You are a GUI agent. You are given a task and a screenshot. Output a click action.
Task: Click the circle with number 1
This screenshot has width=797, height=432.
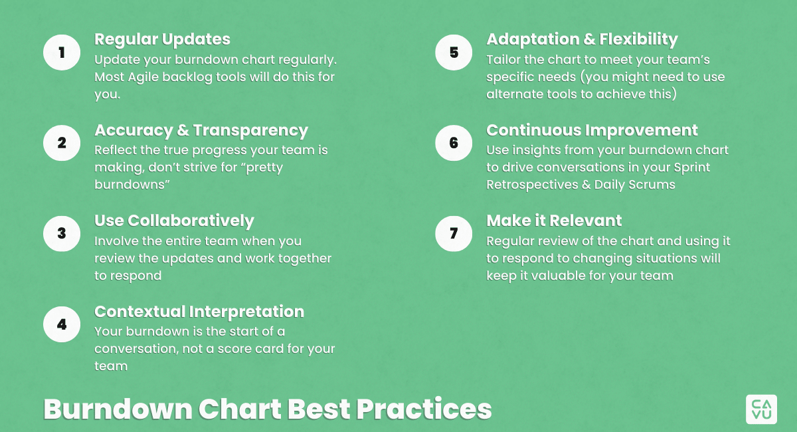coord(62,53)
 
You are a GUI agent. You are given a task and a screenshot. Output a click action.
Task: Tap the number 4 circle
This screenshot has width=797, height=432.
coord(62,324)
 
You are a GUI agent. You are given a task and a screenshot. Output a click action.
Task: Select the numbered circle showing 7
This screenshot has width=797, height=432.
coord(454,234)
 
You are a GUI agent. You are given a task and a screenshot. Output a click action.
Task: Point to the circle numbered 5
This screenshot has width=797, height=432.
coord(454,53)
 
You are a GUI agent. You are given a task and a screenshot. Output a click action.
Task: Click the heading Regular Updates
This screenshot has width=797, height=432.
coord(162,39)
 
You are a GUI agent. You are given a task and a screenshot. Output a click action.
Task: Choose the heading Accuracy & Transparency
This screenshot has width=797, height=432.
coord(201,130)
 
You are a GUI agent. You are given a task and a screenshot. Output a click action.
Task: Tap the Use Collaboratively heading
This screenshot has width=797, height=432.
coord(174,221)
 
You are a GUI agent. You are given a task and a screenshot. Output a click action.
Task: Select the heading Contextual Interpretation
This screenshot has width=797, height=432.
coord(199,312)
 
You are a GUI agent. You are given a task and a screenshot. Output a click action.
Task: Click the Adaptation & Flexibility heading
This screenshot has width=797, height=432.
coord(582,39)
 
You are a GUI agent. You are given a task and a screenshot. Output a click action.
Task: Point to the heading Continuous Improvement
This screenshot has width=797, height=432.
coord(592,130)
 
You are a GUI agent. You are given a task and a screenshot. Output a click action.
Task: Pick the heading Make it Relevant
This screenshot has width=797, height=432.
coord(554,221)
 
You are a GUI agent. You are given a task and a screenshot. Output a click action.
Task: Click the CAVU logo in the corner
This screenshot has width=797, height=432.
coord(761,409)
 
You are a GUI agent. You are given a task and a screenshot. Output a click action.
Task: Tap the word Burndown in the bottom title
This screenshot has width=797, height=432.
coord(118,409)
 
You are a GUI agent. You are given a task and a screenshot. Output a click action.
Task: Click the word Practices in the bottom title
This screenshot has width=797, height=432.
coord(424,409)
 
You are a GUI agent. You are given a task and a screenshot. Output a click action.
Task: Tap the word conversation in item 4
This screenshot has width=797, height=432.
coord(136,349)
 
